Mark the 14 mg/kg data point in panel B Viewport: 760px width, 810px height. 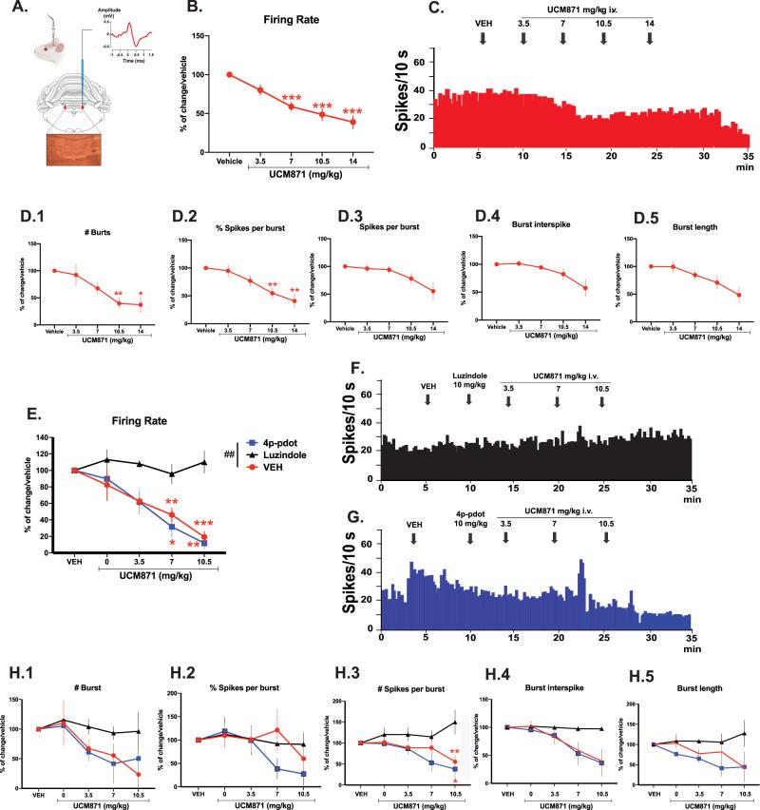(x=352, y=122)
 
